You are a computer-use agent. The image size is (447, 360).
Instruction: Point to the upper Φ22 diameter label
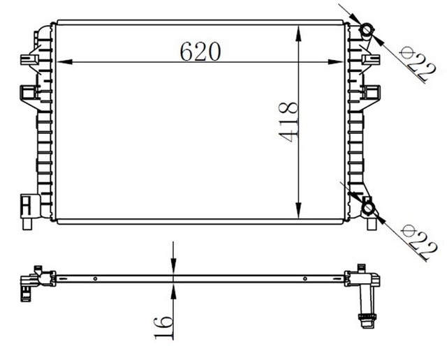point(417,64)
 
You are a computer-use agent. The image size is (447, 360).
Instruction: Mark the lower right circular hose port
point(367,207)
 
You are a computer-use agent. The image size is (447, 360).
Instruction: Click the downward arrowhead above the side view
point(173,268)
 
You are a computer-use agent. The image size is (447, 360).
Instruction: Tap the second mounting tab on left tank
point(28,92)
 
